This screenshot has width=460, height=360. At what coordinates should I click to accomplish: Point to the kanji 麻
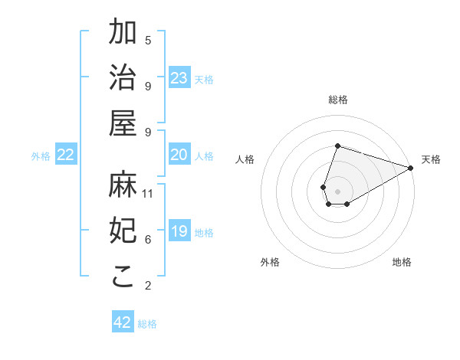tap(123, 184)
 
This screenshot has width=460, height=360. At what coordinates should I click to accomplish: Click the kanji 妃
tap(123, 229)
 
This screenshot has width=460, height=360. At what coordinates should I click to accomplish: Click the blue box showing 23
tap(179, 78)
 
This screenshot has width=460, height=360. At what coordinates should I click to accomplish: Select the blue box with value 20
tap(179, 155)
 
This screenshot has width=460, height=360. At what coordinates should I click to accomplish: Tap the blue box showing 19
tap(179, 231)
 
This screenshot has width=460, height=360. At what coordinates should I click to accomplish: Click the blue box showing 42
tap(123, 322)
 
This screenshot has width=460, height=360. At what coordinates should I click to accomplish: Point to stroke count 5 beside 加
tap(148, 40)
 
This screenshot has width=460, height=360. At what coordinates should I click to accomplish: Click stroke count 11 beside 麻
tap(148, 193)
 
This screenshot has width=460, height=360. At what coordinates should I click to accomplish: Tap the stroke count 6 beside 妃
tap(148, 240)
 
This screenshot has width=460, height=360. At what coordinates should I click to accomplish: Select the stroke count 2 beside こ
tap(148, 286)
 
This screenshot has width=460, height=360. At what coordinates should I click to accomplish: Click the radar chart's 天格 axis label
tap(431, 159)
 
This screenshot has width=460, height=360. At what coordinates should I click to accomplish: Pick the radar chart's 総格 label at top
tap(337, 100)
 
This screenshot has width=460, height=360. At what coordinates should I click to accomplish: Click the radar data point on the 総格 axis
tap(337, 146)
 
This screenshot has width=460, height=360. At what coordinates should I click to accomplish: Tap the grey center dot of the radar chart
tap(337, 191)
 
